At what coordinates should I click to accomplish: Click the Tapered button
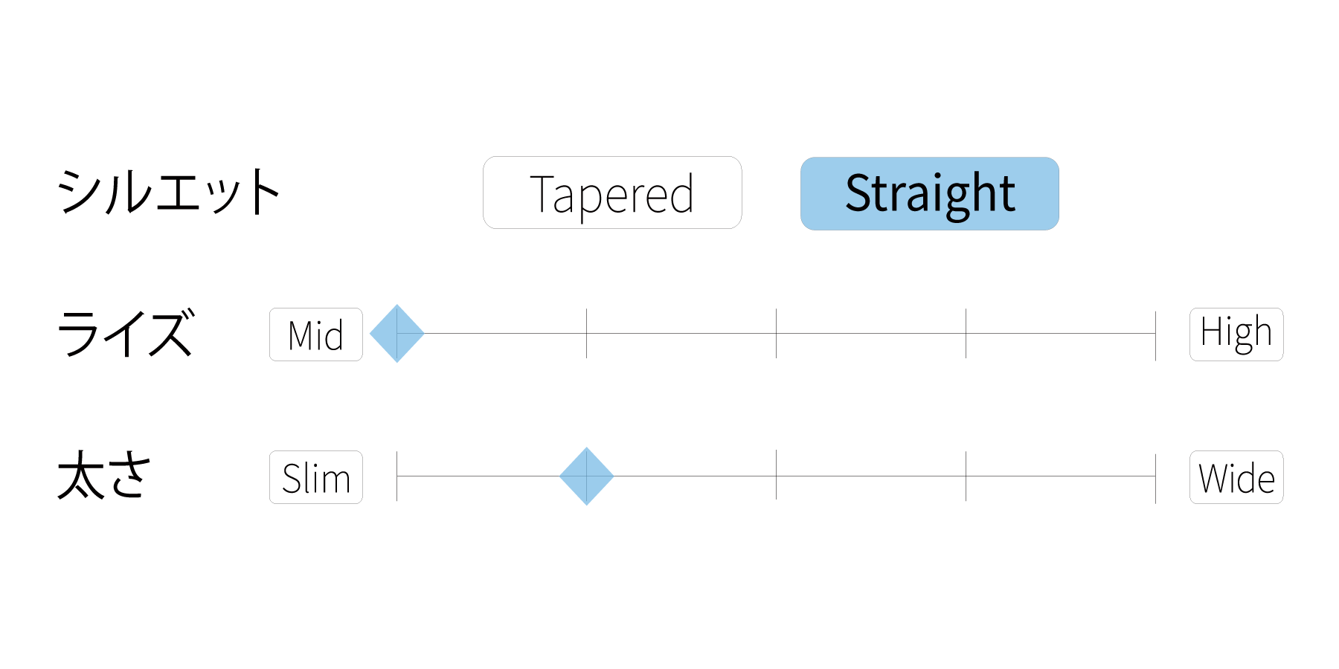[612, 193]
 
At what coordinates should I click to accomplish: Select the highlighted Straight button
[930, 193]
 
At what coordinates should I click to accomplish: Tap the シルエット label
[169, 192]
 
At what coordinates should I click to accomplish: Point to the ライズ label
[126, 333]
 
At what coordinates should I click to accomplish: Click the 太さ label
[104, 475]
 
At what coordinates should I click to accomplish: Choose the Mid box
[316, 334]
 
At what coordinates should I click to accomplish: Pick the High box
[1236, 334]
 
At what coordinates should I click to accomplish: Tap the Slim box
[316, 477]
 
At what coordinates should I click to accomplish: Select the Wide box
[1236, 477]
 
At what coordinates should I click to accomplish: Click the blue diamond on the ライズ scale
[397, 334]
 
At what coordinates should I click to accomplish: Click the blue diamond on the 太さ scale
[587, 476]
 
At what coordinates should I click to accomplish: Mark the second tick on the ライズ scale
[587, 334]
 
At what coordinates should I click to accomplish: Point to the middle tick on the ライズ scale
[777, 334]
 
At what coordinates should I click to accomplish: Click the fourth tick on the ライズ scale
[966, 334]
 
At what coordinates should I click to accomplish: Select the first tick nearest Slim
[397, 476]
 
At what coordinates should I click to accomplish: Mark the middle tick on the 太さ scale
[777, 475]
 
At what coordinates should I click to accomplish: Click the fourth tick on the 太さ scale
[966, 476]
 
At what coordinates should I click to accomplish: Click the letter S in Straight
[860, 193]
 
